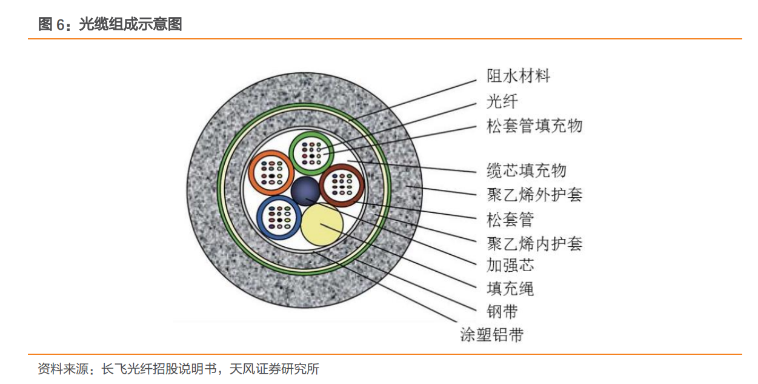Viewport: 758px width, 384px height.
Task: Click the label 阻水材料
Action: coord(519,76)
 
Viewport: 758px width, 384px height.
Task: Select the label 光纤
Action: coord(502,101)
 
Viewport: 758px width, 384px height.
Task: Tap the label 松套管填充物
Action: coord(534,126)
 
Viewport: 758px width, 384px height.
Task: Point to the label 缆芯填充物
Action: coord(527,170)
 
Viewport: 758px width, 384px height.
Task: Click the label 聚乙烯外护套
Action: coord(534,195)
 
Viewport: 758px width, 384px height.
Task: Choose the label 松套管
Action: coord(510,219)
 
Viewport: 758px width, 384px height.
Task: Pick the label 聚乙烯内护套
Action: coord(534,244)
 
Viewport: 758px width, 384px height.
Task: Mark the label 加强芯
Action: coord(510,265)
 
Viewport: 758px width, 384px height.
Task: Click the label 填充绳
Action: coord(510,288)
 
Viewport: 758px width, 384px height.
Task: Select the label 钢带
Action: coord(502,312)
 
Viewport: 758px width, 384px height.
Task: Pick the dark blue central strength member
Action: coord(305,192)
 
